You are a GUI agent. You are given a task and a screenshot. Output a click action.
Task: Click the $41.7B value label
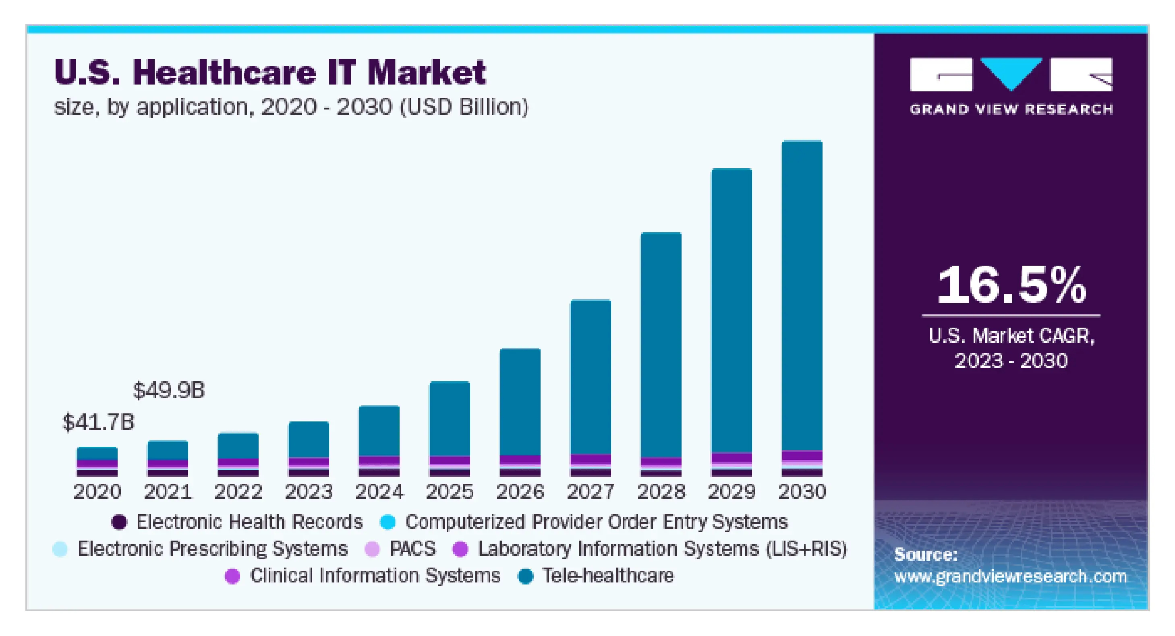98,422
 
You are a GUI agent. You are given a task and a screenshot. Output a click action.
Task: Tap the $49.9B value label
169,391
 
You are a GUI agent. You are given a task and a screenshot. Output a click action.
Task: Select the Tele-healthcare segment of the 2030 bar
802,296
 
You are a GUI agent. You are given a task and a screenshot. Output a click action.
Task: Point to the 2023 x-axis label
309,492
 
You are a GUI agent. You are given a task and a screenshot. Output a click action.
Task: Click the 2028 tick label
661,492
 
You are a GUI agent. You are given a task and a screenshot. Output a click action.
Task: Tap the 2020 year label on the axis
97,492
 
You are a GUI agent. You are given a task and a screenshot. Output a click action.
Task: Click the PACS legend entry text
412,549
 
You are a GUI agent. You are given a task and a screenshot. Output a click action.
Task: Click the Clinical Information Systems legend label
375,576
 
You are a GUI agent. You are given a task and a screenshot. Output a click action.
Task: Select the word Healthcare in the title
224,73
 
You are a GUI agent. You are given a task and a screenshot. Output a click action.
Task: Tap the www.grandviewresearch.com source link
1010,577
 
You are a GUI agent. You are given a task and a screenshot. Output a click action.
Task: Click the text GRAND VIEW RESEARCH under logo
1011,109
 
